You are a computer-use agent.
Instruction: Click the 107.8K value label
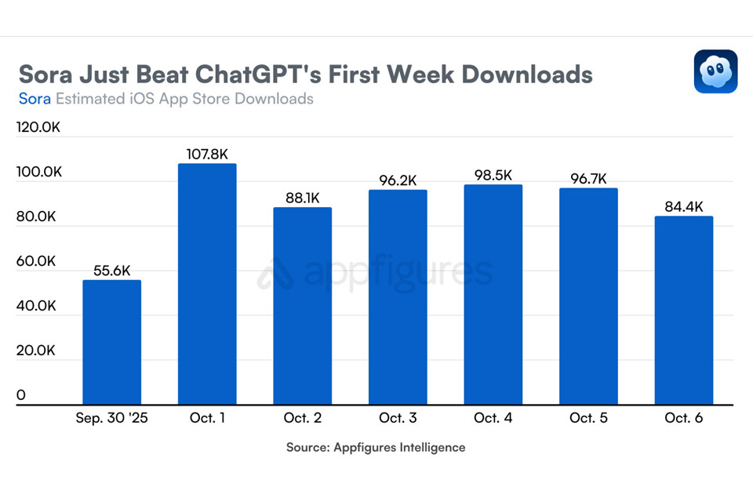click(207, 155)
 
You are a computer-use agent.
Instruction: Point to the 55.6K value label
click(112, 271)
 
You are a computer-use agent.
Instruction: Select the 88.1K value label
click(303, 198)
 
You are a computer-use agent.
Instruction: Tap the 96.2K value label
click(398, 180)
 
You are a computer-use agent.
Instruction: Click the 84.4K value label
click(684, 207)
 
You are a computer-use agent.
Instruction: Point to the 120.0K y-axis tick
click(38, 127)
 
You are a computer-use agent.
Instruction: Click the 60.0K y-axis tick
click(36, 260)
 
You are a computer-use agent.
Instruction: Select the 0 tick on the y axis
click(21, 395)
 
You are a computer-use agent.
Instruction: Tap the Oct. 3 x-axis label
click(398, 418)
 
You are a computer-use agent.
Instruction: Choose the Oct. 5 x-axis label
click(588, 418)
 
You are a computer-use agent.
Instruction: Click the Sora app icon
click(715, 71)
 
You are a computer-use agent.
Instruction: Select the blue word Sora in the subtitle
click(35, 99)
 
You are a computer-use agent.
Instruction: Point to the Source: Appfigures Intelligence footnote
click(376, 447)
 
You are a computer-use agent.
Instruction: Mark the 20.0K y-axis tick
click(36, 350)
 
